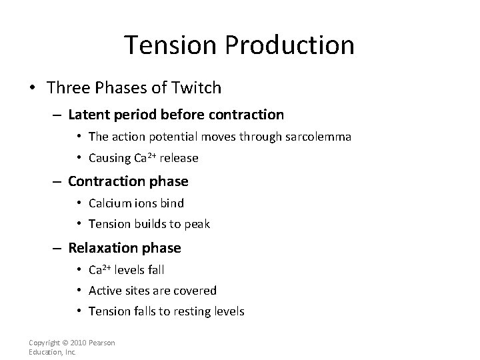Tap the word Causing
point(109,158)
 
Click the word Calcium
point(109,203)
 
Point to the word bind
point(172,203)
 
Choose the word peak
point(197,224)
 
